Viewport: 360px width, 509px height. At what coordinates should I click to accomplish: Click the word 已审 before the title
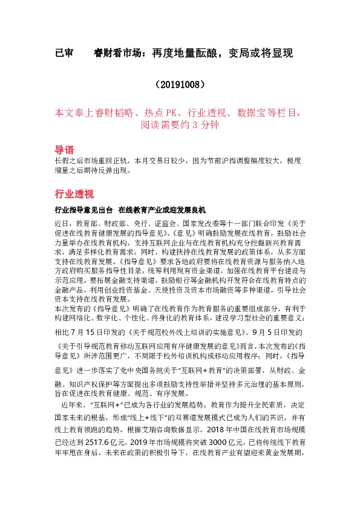tap(64, 53)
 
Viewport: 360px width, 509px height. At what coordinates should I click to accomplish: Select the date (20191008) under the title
tap(180, 84)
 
